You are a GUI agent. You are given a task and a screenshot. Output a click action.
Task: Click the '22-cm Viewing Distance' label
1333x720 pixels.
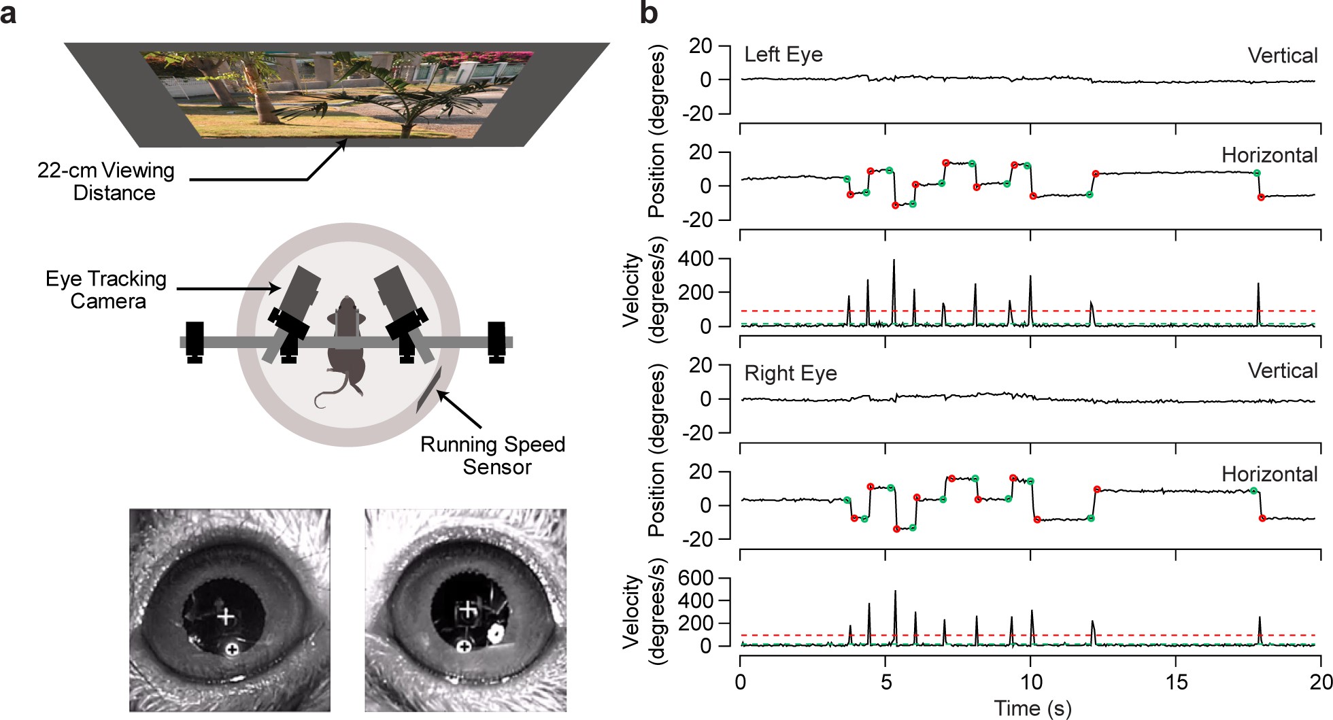pos(106,182)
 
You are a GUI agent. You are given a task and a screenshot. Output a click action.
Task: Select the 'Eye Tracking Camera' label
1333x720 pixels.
pos(106,290)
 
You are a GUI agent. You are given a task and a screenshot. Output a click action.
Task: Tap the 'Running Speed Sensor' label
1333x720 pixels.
pos(493,456)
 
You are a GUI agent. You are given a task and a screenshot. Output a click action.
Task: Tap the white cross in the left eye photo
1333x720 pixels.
pos(226,617)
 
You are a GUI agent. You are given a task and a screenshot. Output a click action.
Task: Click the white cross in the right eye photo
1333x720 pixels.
pos(467,610)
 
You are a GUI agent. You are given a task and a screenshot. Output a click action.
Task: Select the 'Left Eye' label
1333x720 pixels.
pos(783,54)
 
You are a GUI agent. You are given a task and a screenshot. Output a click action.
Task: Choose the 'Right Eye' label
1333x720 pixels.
pos(790,373)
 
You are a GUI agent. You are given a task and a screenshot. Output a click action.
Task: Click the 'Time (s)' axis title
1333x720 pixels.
pos(1032,708)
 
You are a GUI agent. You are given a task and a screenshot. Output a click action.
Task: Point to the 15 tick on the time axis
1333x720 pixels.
pos(1176,681)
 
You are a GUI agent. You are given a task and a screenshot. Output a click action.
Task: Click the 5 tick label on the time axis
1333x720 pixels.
pos(885,681)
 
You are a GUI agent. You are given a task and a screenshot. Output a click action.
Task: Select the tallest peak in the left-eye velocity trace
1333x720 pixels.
pos(894,260)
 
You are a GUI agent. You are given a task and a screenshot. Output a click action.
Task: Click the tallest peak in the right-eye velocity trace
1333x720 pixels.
pos(895,592)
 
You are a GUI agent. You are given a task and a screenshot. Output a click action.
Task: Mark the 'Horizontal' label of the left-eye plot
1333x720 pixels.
pos(1269,155)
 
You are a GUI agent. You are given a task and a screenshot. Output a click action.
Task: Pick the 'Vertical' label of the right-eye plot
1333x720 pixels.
pos(1283,371)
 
